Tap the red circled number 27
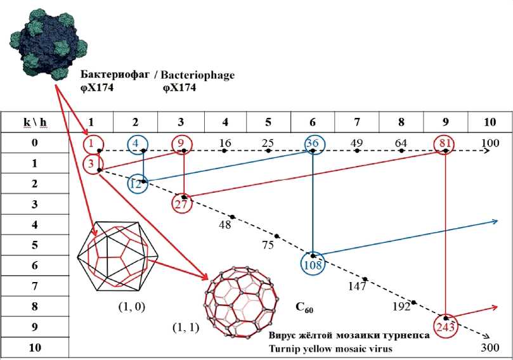tap(183, 203)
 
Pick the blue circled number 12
tap(136, 184)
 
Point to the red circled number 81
tap(445, 143)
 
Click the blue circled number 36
tap(312, 144)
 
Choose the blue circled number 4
tap(136, 143)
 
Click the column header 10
tap(490, 122)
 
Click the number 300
tap(490, 347)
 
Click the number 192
tap(401, 306)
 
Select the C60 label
tap(304, 309)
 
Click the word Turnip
tap(284, 348)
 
